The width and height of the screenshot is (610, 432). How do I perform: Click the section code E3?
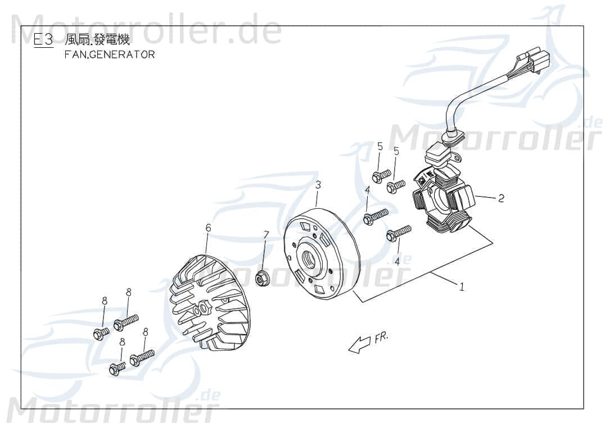click(x=43, y=40)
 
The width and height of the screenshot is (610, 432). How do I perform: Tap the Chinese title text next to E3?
click(x=97, y=40)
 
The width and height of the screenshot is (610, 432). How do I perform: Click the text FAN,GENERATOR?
click(x=110, y=55)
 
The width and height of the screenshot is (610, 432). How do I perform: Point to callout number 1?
click(x=462, y=287)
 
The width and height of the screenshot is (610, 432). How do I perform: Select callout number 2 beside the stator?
click(x=501, y=198)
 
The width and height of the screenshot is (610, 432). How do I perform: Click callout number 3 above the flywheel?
click(x=318, y=184)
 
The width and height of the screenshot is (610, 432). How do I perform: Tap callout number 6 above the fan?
click(x=208, y=228)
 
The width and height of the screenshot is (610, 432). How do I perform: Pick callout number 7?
click(x=266, y=234)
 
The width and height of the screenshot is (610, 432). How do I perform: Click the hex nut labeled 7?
click(x=262, y=277)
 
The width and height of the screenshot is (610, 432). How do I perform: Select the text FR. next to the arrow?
click(x=381, y=337)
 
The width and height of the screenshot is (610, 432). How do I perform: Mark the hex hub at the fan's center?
click(x=202, y=309)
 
